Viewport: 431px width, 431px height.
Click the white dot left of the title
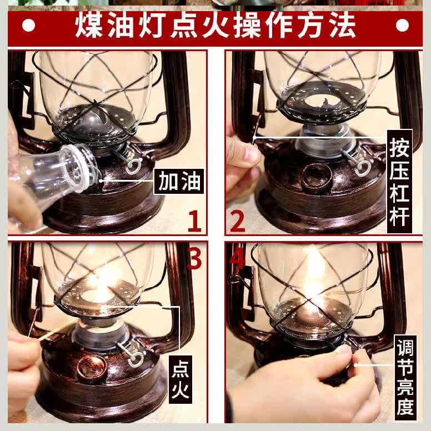[28, 26]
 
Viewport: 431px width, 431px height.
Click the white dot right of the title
[402, 26]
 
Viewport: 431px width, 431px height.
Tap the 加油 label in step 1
[179, 181]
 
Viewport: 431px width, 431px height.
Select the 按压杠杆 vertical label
[399, 182]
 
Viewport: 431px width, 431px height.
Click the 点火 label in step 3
[181, 379]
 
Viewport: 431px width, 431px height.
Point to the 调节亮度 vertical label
[405, 378]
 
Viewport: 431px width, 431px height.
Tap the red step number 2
[237, 220]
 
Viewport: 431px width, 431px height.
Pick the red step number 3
[194, 258]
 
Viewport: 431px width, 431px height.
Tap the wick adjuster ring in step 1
[134, 166]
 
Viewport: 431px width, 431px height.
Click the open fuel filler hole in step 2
[316, 176]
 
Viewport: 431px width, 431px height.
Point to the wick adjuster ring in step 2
[363, 168]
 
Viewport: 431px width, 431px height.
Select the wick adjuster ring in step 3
[134, 358]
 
